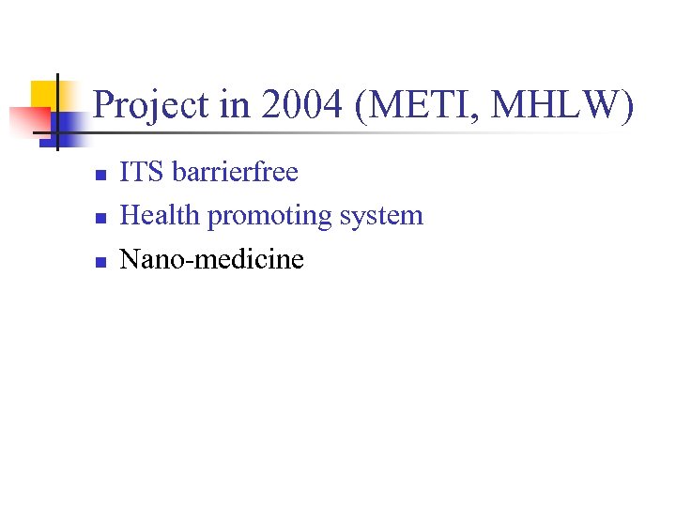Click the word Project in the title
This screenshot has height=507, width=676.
tap(152, 105)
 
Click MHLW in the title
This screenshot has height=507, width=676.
tap(555, 105)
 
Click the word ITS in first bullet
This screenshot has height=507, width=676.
tap(143, 173)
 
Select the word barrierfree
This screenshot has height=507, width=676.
tap(235, 173)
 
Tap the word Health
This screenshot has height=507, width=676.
tap(161, 216)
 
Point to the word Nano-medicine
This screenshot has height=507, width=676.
tap(212, 259)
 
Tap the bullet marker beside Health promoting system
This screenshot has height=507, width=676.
tap(100, 218)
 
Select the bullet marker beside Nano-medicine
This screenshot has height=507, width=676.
tap(100, 261)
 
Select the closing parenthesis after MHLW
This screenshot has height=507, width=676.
tap(626, 105)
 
